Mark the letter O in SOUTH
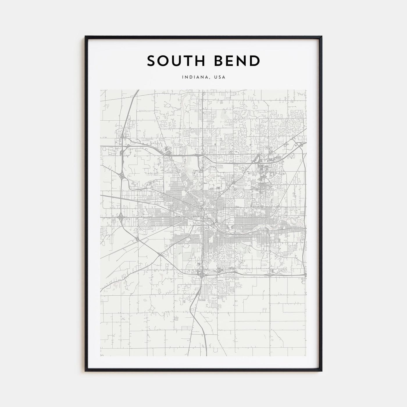click(163, 61)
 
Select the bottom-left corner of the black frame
click(85, 371)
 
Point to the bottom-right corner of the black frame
click(322, 371)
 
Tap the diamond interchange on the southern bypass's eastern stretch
click(269, 274)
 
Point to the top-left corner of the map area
click(100, 90)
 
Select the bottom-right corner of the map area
click(307, 356)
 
